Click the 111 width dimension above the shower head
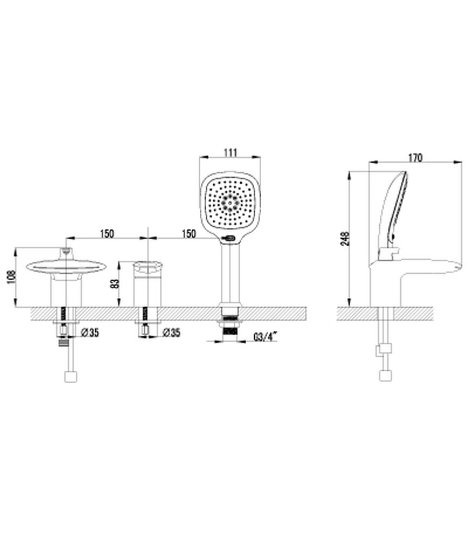pyautogui.click(x=230, y=153)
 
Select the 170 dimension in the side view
pyautogui.click(x=415, y=158)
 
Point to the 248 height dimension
pyautogui.click(x=346, y=238)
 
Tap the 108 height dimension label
pyautogui.click(x=12, y=277)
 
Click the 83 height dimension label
pyautogui.click(x=115, y=284)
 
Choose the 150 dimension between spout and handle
pyautogui.click(x=107, y=234)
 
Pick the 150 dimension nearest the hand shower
pyautogui.click(x=188, y=234)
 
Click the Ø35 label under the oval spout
pyautogui.click(x=90, y=333)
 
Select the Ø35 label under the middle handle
pyautogui.click(x=171, y=333)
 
